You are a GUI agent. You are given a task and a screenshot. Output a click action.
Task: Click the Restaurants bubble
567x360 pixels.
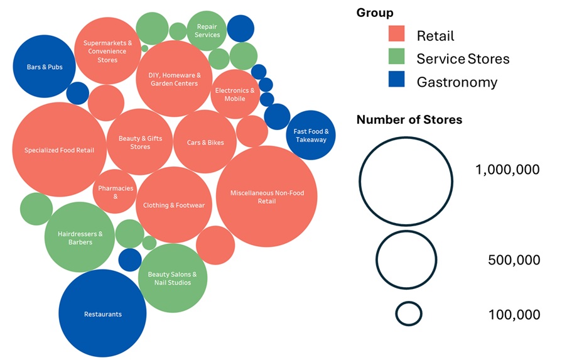(102, 314)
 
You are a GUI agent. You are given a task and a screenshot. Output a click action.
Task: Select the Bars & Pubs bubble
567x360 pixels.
(44, 67)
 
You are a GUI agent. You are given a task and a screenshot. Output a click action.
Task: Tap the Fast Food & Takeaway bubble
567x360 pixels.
(311, 135)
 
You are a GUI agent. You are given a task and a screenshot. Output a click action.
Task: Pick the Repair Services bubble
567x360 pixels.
(207, 30)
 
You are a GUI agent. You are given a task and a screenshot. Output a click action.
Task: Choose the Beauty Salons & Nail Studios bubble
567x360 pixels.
(172, 278)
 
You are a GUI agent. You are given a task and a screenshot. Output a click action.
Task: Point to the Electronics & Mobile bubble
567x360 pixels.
(235, 94)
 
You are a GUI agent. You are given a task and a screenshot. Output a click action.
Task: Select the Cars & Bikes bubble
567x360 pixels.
(205, 142)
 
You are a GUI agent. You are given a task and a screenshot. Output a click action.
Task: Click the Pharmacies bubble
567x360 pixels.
(115, 191)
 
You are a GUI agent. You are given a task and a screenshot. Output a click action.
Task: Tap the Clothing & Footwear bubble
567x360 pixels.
(173, 205)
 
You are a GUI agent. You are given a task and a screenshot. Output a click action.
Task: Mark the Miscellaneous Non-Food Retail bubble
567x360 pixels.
(267, 197)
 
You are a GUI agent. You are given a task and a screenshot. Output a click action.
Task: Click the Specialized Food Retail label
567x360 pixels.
(59, 150)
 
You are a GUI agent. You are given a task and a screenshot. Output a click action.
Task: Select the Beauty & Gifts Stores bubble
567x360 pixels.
(140, 142)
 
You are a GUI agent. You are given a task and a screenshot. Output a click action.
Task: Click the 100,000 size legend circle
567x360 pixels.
(409, 314)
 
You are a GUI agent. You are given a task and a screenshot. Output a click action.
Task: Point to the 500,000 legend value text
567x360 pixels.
(514, 259)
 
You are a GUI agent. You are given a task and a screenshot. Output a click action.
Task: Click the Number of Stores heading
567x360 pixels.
(409, 119)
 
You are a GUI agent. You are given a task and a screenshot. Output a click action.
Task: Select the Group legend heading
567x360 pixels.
(375, 13)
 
